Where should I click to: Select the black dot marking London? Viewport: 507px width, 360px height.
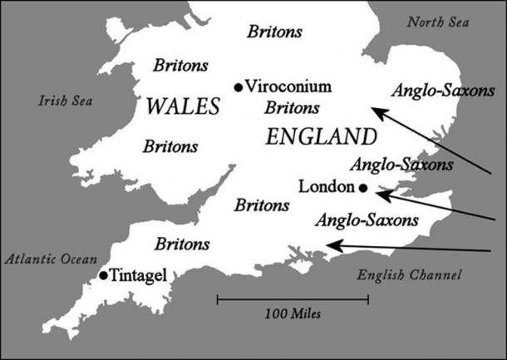[x=363, y=188]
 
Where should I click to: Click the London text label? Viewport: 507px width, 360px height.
[x=325, y=187]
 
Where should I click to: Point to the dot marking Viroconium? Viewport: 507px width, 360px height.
[x=239, y=86]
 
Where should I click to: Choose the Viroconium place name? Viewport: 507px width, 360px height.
[x=288, y=86]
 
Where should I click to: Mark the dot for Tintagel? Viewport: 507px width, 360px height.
[x=102, y=275]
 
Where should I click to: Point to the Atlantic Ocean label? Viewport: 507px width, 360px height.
[x=51, y=259]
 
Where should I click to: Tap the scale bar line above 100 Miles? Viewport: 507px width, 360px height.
[x=293, y=298]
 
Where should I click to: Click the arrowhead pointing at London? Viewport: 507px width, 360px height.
[x=379, y=195]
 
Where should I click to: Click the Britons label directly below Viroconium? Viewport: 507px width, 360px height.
[x=290, y=108]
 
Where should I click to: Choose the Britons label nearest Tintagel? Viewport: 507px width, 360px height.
[x=182, y=244]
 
